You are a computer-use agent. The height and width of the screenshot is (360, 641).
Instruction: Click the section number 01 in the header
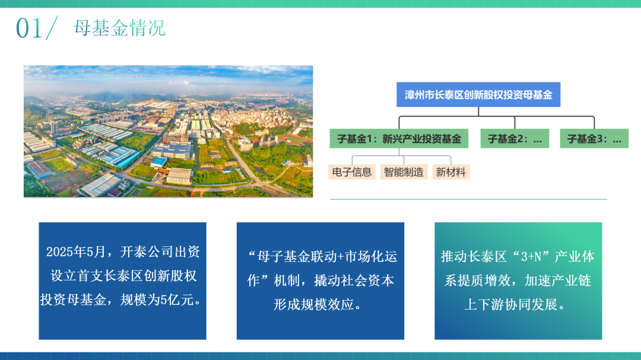click(28, 28)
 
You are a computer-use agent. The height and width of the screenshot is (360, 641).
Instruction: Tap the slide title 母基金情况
click(119, 28)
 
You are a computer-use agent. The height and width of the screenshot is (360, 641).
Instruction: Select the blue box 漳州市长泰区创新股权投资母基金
click(478, 95)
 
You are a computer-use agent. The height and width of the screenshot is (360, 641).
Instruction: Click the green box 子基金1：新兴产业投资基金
click(399, 139)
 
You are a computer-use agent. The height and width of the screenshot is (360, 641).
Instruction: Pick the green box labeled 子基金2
click(515, 139)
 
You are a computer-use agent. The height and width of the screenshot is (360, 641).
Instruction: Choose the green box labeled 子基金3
click(594, 139)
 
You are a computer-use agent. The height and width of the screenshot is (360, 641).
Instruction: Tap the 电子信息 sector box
click(352, 172)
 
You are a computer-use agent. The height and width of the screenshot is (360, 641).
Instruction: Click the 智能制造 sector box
click(404, 172)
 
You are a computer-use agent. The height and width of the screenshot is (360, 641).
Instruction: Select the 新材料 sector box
click(451, 172)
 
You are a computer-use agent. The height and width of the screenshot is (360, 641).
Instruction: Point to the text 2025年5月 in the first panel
click(76, 251)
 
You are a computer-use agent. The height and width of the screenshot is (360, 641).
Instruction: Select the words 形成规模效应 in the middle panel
click(313, 304)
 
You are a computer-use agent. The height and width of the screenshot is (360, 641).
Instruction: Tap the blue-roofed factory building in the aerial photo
click(115, 156)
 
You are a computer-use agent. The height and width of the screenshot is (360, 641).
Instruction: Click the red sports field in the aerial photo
click(295, 139)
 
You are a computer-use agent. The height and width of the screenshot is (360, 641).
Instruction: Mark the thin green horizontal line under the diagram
click(468, 199)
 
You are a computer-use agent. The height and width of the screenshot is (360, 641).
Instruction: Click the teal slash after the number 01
click(52, 28)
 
